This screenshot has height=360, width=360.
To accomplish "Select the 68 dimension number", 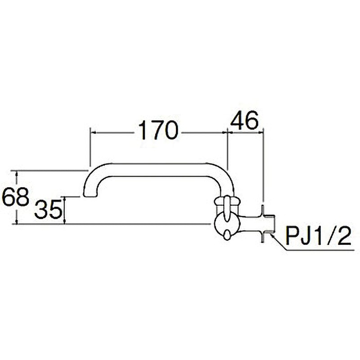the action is [15, 197].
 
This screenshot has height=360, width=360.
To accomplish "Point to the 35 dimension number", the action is [48, 209].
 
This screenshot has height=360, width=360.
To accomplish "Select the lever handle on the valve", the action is [227, 208].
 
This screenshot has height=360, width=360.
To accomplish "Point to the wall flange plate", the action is [262, 224].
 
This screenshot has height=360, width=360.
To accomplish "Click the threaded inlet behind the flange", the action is [269, 224].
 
